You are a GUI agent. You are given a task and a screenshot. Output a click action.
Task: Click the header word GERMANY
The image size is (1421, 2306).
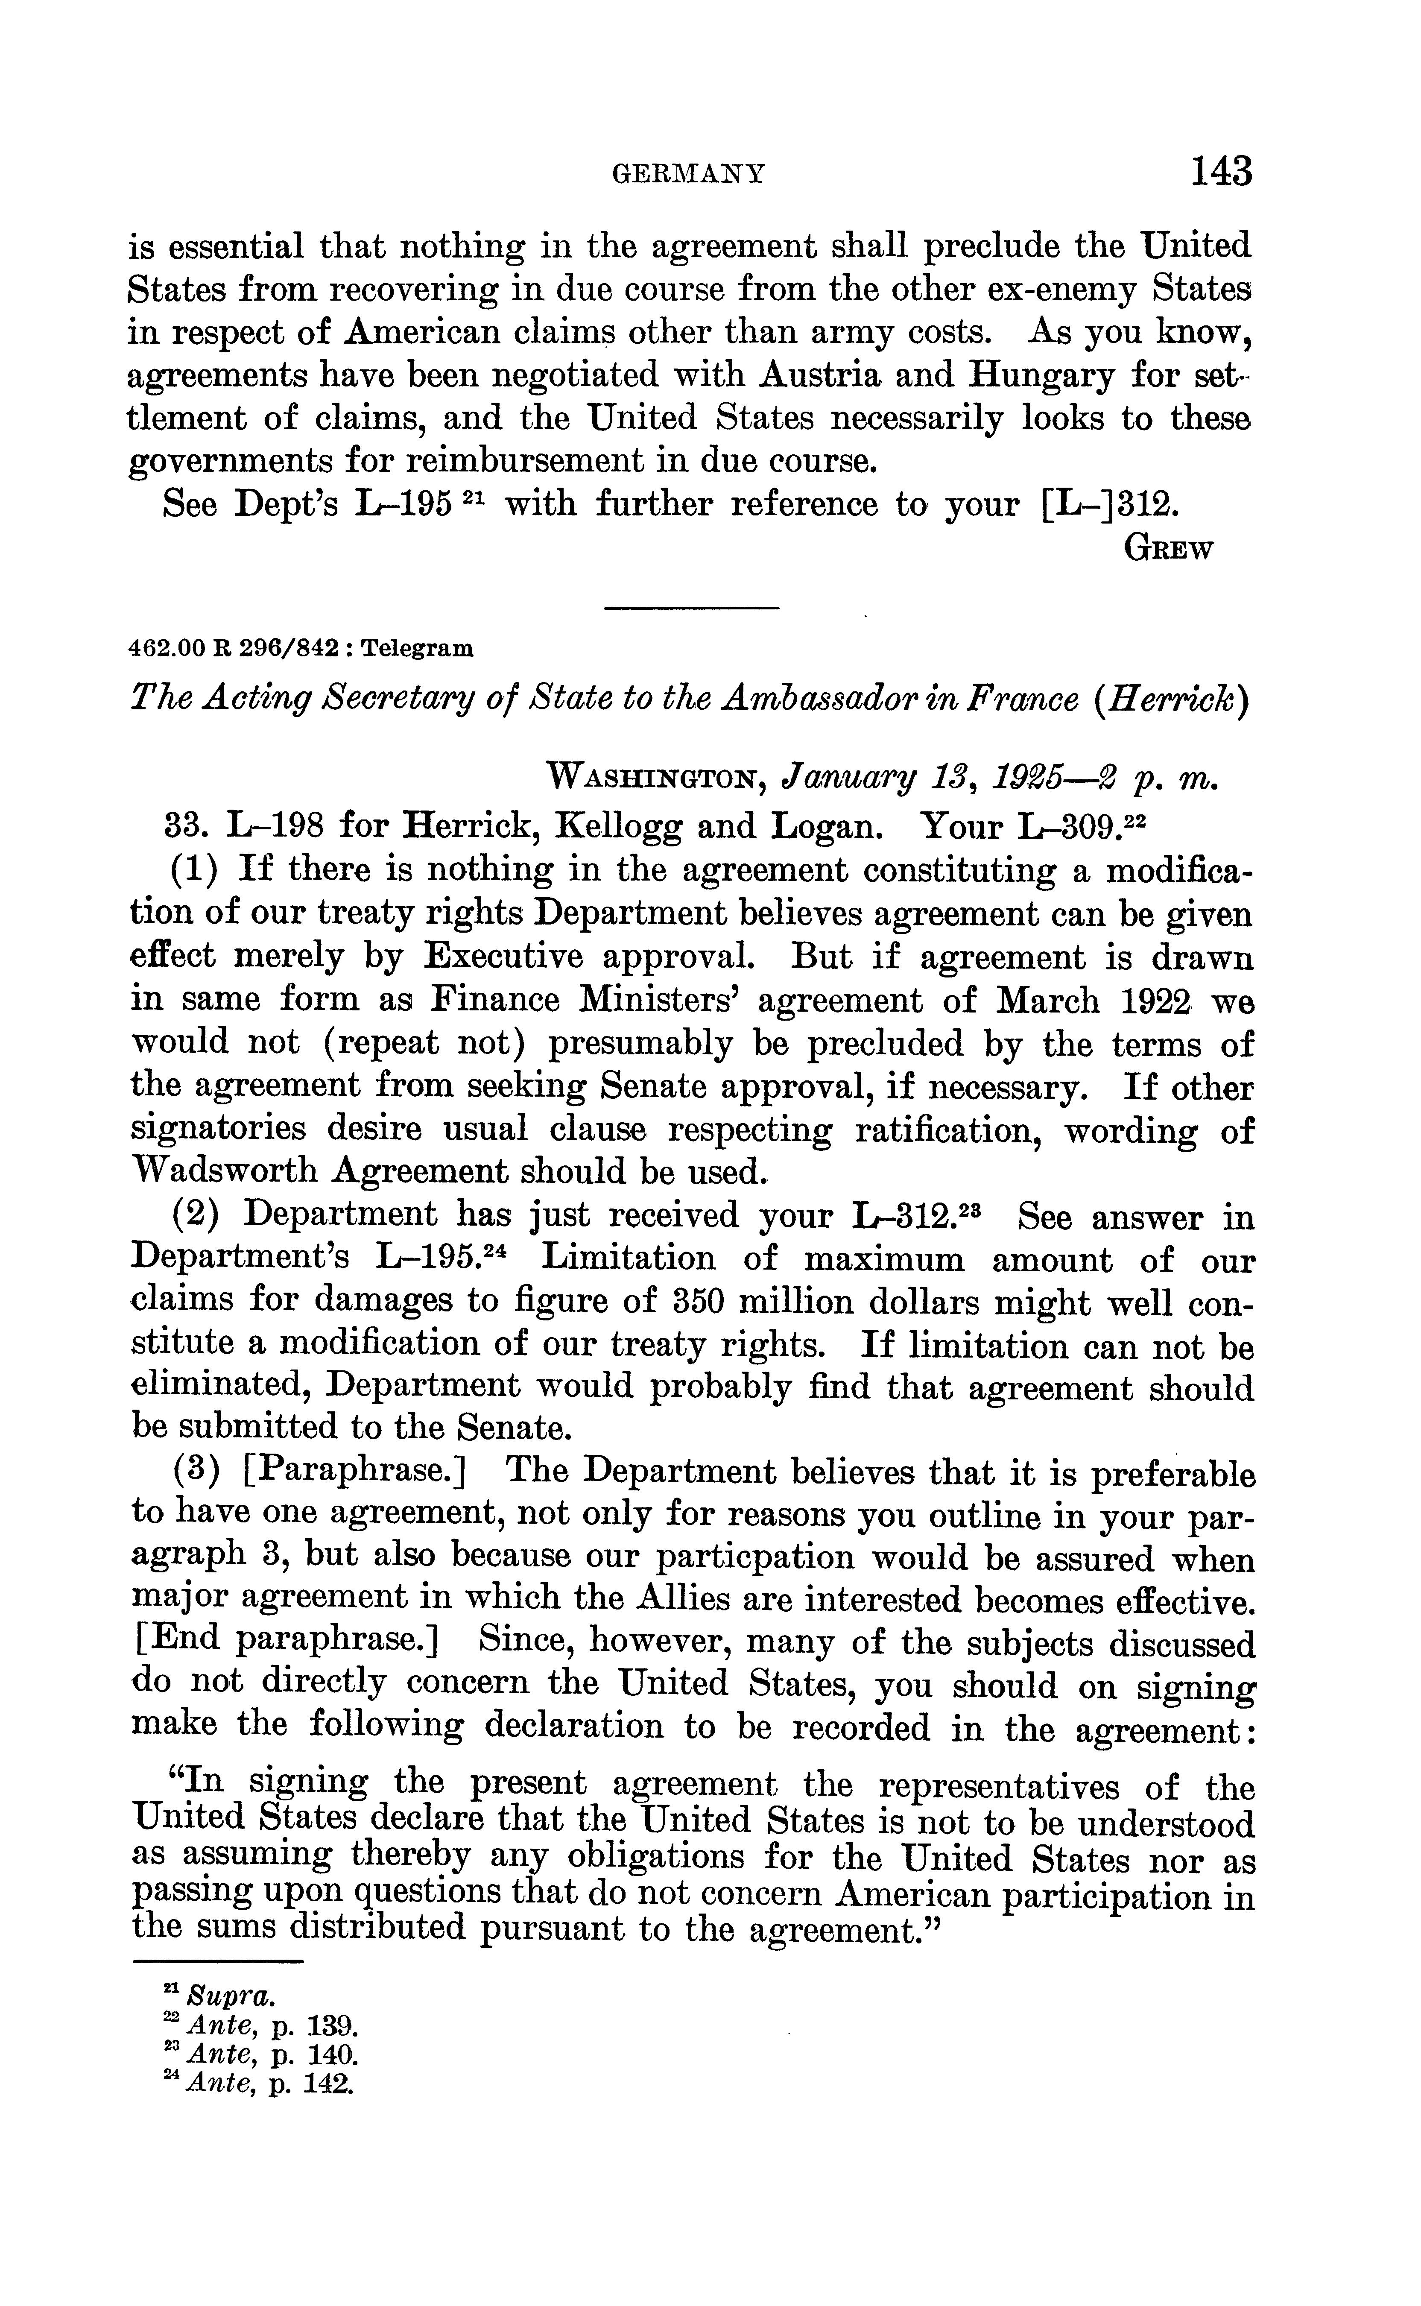(689, 174)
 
